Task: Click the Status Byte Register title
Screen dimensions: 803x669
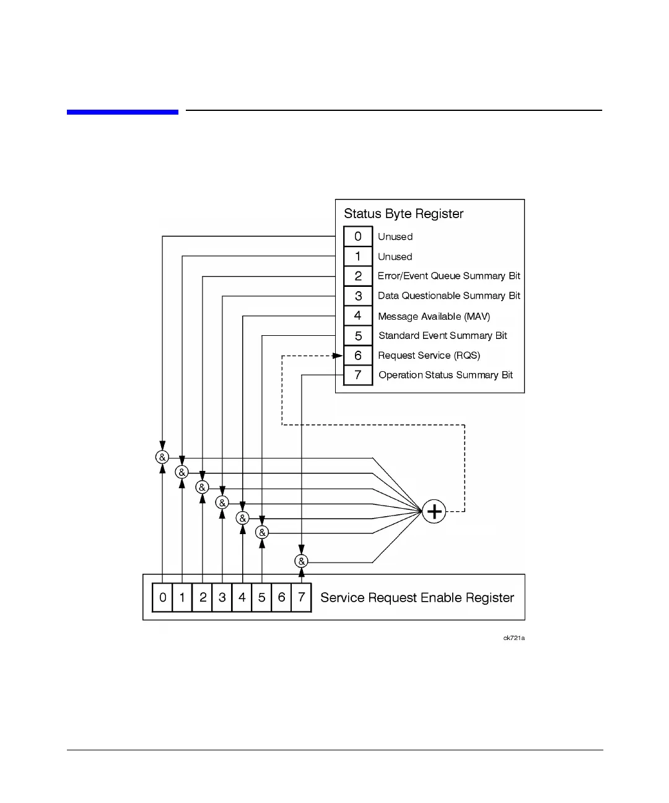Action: click(x=403, y=214)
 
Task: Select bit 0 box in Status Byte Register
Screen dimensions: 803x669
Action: click(x=358, y=236)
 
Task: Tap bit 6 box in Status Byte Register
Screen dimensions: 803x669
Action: click(x=358, y=355)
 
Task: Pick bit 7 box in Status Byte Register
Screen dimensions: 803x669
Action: click(x=358, y=375)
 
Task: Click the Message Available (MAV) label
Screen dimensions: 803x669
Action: click(x=434, y=316)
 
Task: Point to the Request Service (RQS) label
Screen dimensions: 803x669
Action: click(x=429, y=355)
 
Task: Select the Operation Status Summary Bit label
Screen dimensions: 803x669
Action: click(x=445, y=375)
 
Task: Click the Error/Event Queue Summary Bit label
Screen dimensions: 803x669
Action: click(x=448, y=276)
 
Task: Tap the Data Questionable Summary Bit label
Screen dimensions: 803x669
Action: click(x=448, y=296)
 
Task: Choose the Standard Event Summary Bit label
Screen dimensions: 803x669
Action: click(x=442, y=335)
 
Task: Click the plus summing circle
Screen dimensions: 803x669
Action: click(x=434, y=511)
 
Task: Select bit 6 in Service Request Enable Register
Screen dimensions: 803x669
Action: click(x=281, y=597)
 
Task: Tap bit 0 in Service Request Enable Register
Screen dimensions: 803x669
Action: click(x=162, y=597)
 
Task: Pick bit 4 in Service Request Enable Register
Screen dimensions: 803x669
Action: click(x=242, y=597)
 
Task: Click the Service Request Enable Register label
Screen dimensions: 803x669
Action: click(x=417, y=597)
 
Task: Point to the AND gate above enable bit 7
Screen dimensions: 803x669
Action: click(x=301, y=561)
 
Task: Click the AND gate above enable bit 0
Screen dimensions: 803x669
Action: click(x=162, y=457)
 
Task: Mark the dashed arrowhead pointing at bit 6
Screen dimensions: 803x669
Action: click(x=338, y=356)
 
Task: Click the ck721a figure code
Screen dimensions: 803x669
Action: click(x=514, y=638)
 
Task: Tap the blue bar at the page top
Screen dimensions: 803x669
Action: click(x=123, y=112)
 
